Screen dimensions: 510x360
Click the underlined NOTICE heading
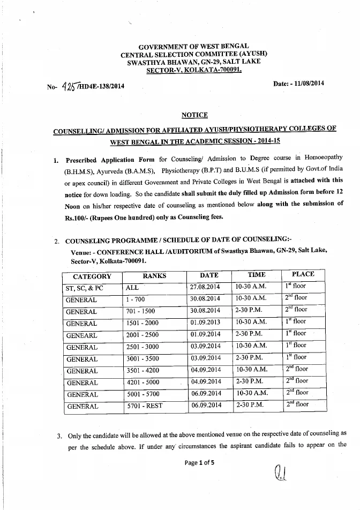pos(194,115)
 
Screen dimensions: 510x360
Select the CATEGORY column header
pos(92,276)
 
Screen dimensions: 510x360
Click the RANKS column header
pos(154,276)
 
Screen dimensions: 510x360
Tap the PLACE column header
pos(303,274)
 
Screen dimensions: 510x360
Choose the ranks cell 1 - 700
pos(137,299)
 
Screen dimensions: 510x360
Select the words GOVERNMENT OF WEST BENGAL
pos(194,47)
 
